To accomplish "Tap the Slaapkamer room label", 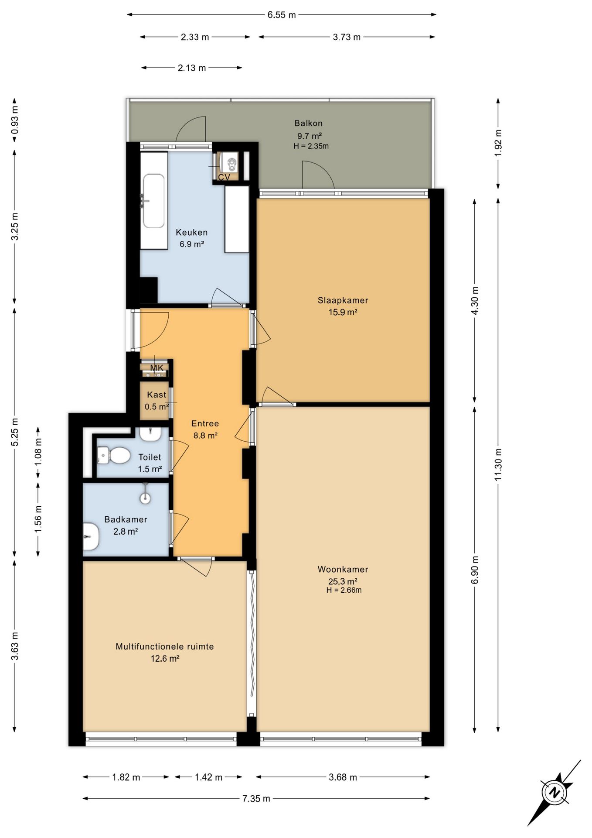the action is [343, 300].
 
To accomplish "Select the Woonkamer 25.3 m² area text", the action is [343, 581].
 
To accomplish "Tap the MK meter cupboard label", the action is [157, 368].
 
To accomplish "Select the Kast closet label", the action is [157, 395].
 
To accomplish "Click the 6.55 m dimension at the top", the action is [282, 15].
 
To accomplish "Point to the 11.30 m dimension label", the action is [498, 464].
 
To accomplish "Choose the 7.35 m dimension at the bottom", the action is [256, 799].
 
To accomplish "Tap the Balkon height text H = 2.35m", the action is [311, 146].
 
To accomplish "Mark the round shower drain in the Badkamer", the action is [145, 498].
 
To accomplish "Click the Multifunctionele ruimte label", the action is [165, 646].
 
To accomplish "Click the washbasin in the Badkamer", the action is [91, 536].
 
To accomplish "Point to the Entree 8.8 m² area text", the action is [205, 435].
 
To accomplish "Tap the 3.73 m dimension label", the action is [347, 37].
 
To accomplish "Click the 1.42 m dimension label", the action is [208, 777].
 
